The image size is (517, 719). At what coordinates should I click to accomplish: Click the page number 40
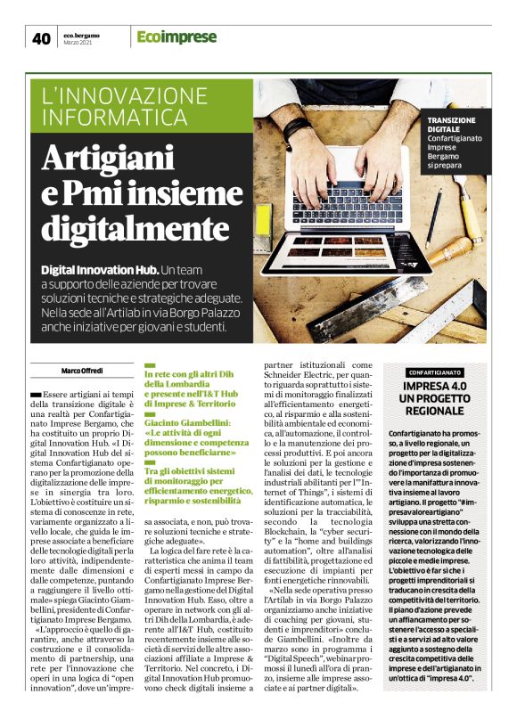tap(42, 37)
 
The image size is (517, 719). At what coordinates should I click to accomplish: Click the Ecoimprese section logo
tap(176, 37)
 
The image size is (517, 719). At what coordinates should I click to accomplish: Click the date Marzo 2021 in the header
tap(78, 43)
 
